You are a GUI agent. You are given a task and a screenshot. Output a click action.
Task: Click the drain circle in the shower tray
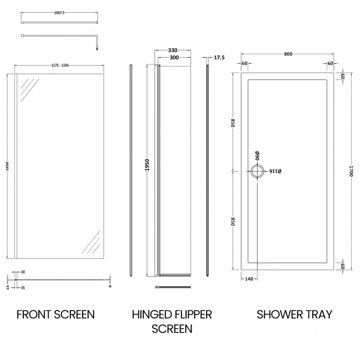pos(258,172)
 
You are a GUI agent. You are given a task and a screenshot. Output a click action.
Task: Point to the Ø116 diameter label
pos(276,172)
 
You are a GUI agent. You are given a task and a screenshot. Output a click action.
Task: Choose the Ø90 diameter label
pos(258,156)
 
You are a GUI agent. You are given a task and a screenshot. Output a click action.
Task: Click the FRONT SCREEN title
pos(55,315)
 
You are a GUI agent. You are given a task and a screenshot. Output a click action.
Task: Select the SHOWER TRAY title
pos(294,315)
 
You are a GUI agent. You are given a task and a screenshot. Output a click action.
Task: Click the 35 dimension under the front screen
pos(23,289)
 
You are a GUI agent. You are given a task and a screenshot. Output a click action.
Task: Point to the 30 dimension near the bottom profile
pos(23,272)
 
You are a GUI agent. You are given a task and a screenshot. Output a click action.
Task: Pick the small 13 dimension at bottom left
pos(7,288)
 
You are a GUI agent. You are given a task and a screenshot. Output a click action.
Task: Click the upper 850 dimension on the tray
pos(234,122)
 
